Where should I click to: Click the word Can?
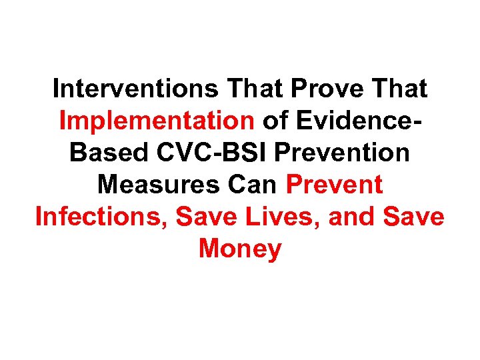[255, 185]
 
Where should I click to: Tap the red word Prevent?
[334, 185]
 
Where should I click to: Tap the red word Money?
[240, 249]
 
